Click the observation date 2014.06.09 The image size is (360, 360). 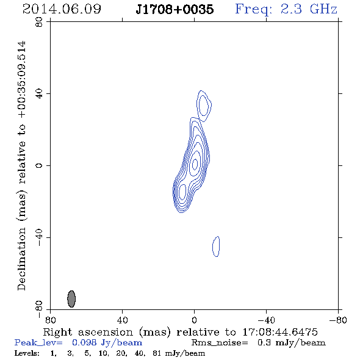pyautogui.click(x=62, y=9)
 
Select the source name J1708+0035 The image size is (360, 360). pyautogui.click(x=175, y=9)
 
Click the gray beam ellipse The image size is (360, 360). pyautogui.click(x=71, y=299)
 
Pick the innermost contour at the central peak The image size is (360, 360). pyautogui.click(x=195, y=164)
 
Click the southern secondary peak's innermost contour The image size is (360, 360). pyautogui.click(x=182, y=192)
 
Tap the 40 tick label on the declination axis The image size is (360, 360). pyautogui.click(x=39, y=94)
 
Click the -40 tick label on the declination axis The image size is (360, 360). pyautogui.click(x=39, y=237)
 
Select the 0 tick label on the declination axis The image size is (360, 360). pyautogui.click(x=39, y=165)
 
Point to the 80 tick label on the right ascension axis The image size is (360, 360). pyautogui.click(x=50, y=320)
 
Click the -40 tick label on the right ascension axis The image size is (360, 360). pyautogui.click(x=266, y=320)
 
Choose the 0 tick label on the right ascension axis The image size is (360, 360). pyautogui.click(x=194, y=320)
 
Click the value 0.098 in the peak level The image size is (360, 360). pyautogui.click(x=84, y=342)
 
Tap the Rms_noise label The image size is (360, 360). pyautogui.click(x=220, y=343)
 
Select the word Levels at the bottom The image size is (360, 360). pyautogui.click(x=27, y=353)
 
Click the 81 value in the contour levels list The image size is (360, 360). pyautogui.click(x=157, y=353)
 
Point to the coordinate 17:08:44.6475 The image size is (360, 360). pyautogui.click(x=280, y=332)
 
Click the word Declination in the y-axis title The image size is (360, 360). pyautogui.click(x=21, y=259)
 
